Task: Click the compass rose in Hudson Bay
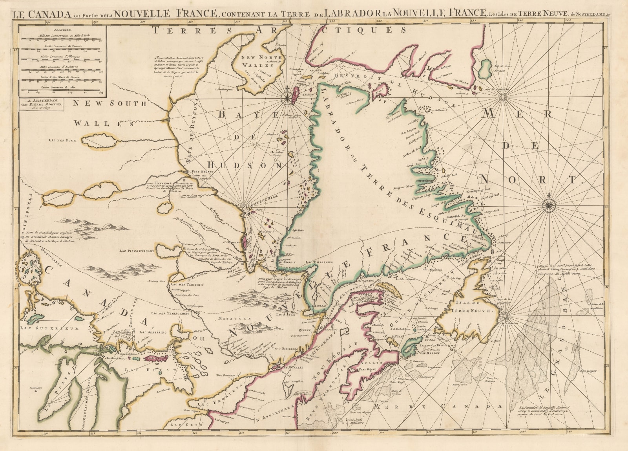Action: tap(288, 95)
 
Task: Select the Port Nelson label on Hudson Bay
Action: tap(201, 172)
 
